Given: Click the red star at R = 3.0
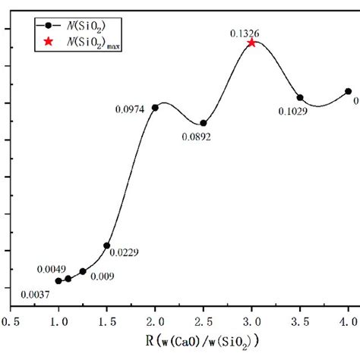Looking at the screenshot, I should click(x=251, y=43).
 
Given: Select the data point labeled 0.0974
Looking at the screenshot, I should click(x=155, y=107).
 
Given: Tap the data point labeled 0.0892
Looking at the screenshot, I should click(x=204, y=123).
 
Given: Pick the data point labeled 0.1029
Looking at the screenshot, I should click(x=300, y=97).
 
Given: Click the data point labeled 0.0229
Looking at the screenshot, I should click(x=107, y=245).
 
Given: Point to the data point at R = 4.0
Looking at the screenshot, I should click(x=348, y=91).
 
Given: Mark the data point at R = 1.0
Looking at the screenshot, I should click(x=58, y=281).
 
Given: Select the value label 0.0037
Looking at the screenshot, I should click(x=36, y=295).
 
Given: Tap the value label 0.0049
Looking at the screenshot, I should click(x=52, y=269).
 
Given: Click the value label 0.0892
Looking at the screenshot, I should click(x=196, y=137).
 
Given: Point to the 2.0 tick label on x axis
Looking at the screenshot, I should click(x=155, y=322).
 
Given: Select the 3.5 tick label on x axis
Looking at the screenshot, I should click(x=300, y=322).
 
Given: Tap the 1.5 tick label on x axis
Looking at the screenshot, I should click(x=107, y=322).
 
